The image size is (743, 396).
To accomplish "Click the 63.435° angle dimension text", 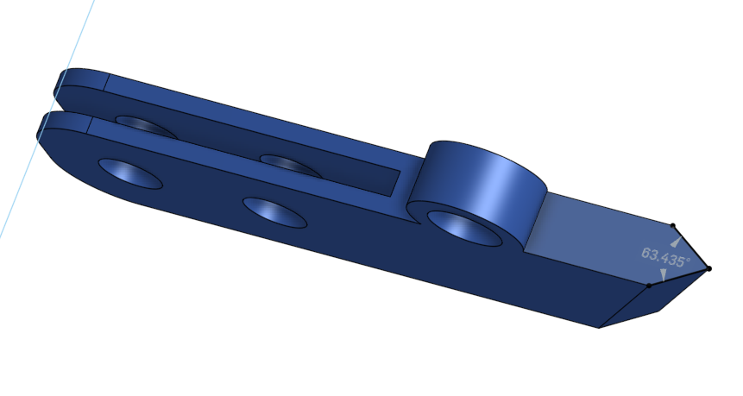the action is pos(665,257).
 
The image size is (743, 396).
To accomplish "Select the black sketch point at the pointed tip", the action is pos(708,268).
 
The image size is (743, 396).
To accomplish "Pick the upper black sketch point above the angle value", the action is pos(673,226).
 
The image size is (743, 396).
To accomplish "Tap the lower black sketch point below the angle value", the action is pos(649,286).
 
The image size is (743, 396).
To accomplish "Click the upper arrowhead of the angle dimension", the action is pos(677,242).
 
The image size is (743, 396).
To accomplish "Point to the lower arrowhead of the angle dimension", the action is pos(663,274).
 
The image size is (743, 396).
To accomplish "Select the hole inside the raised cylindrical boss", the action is pos(464,229).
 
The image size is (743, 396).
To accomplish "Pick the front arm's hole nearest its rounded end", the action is pos(130,173).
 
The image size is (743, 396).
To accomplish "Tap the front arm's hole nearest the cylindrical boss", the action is pos(274,213).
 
